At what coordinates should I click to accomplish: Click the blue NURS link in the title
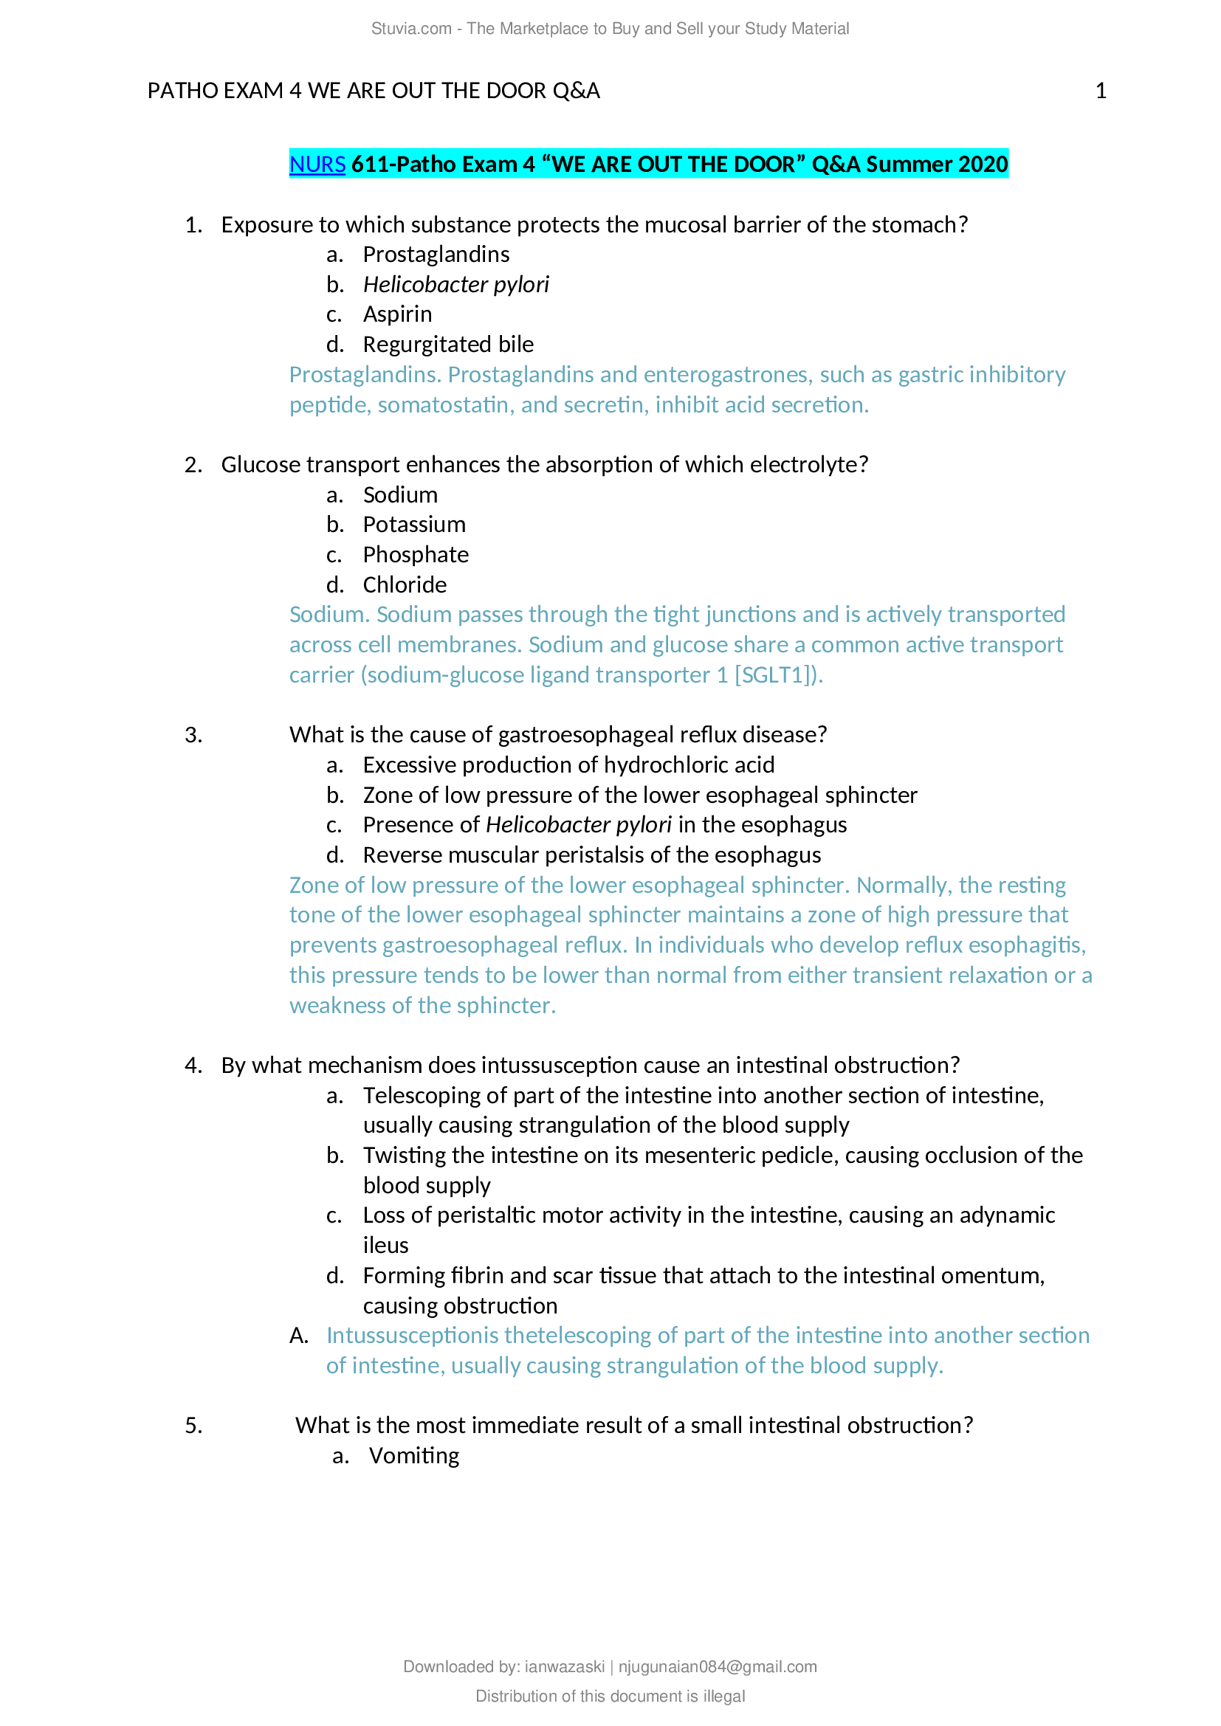[x=317, y=165]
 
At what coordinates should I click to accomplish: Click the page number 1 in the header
[x=1101, y=91]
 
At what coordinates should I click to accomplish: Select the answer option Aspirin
[x=397, y=314]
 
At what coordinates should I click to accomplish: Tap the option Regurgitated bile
[x=448, y=345]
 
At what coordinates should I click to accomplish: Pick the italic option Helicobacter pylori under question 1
[x=455, y=285]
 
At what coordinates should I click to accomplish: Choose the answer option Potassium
[x=414, y=525]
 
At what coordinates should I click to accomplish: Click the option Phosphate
[x=416, y=555]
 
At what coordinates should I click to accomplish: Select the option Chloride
[x=405, y=585]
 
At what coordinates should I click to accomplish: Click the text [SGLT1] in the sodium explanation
[x=774, y=675]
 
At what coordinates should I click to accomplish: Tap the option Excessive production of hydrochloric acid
[x=568, y=765]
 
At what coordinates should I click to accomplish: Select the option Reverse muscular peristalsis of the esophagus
[x=592, y=855]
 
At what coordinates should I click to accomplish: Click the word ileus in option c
[x=385, y=1246]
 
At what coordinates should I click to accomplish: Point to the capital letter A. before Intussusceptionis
[x=299, y=1336]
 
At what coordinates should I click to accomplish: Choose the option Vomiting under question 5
[x=413, y=1456]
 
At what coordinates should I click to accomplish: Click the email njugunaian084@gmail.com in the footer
[x=718, y=1667]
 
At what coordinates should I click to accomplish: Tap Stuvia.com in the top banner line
[x=411, y=29]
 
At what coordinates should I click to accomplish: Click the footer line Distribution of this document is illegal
[x=610, y=1696]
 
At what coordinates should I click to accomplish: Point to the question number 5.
[x=193, y=1426]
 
